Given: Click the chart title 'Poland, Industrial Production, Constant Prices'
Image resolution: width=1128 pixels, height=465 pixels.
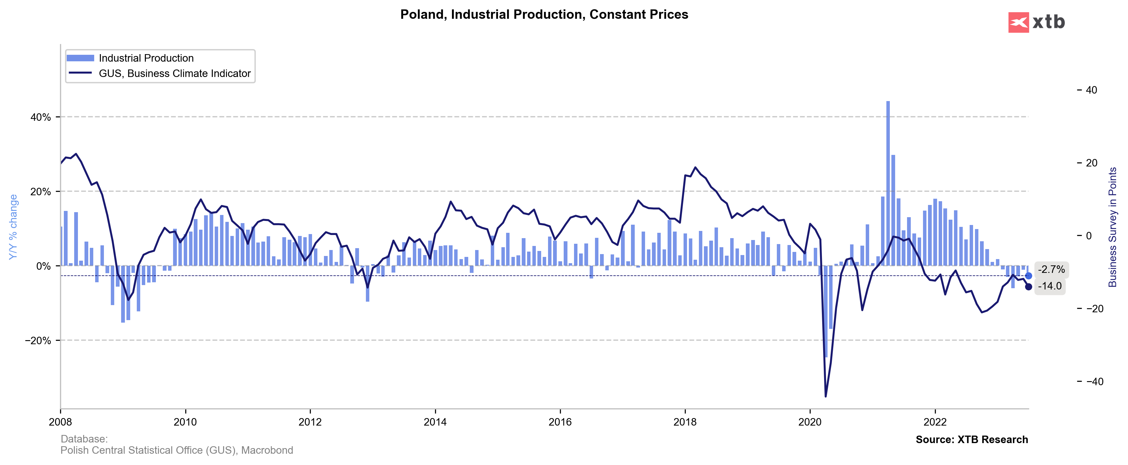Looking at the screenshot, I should pos(544,14).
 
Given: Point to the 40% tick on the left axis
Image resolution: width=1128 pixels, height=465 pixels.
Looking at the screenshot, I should pos(40,117).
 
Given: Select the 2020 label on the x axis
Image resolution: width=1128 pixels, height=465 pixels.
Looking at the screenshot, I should pos(810,422).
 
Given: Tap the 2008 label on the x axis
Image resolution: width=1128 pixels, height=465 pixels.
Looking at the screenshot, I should pos(60,422).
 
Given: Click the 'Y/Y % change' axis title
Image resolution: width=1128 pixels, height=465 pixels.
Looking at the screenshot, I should pos(13,227).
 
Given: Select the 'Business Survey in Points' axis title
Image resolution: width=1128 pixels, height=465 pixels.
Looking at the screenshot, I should pos(1112,227).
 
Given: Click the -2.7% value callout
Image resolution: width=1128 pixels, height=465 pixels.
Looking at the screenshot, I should pos(1051,270).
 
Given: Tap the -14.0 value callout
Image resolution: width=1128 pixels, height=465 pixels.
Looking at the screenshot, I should pos(1050,286).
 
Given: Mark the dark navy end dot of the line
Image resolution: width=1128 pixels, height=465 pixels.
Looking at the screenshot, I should pos(1028,287).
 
